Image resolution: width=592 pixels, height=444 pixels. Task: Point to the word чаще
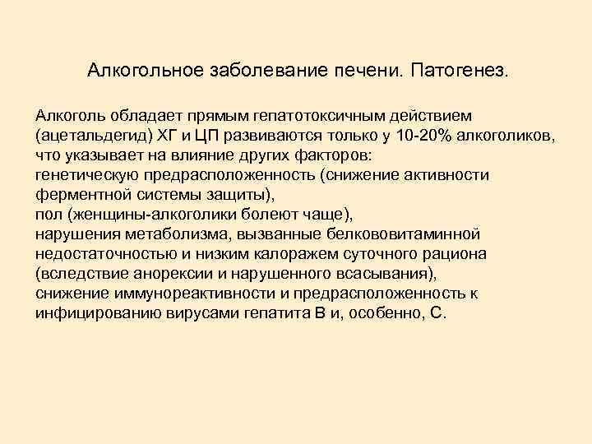(x=327, y=215)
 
